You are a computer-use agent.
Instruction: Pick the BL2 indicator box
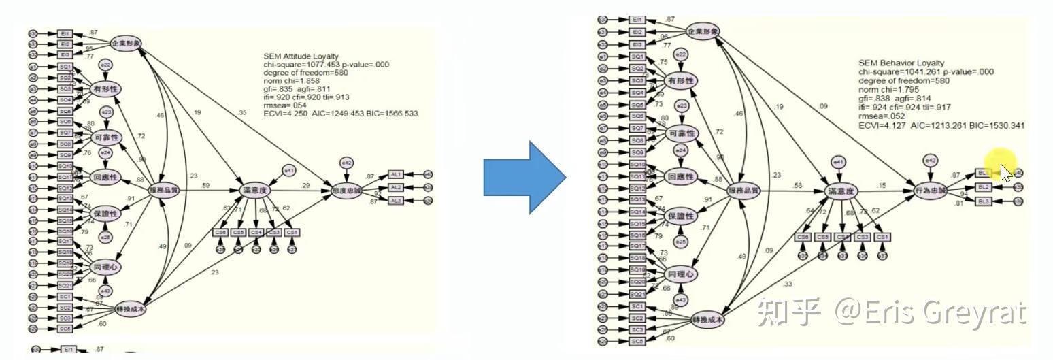pyautogui.click(x=983, y=186)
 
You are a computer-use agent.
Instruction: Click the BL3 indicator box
pyautogui.click(x=983, y=201)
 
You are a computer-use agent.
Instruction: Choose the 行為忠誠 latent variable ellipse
pyautogui.click(x=931, y=191)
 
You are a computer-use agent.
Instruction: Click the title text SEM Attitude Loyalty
pyautogui.click(x=301, y=56)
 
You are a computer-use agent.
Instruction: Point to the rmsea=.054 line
pyautogui.click(x=286, y=105)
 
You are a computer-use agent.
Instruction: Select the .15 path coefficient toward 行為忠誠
pyautogui.click(x=882, y=186)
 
